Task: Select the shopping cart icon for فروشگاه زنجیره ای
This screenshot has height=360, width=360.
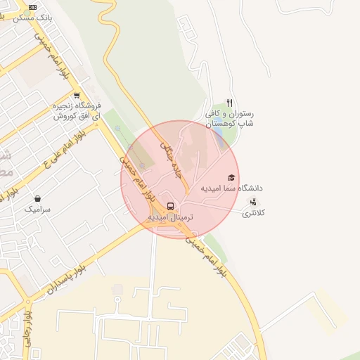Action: [x=77, y=96]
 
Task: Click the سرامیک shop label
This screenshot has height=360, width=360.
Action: [x=37, y=209]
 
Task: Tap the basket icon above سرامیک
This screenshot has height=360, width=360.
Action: [x=37, y=198]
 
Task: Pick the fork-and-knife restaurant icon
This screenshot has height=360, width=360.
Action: [x=229, y=103]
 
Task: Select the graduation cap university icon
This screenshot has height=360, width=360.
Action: [x=231, y=177]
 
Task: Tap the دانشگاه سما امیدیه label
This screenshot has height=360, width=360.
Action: [x=231, y=188]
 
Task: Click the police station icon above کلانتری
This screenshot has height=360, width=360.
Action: [x=253, y=202]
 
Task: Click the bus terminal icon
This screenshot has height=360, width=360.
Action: [x=171, y=207]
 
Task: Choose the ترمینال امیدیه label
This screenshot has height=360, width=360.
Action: [x=170, y=218]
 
